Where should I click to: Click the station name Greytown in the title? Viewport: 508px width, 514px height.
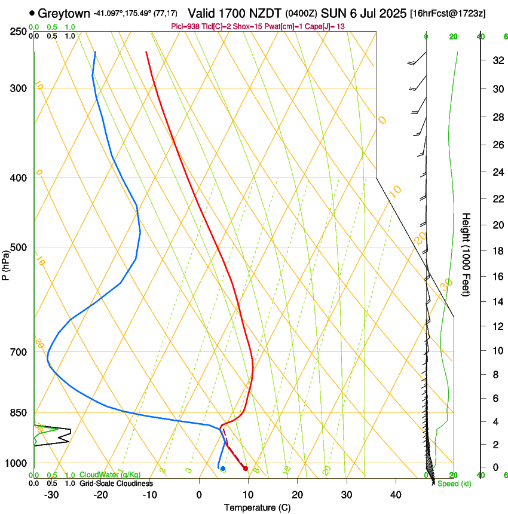pos(67,13)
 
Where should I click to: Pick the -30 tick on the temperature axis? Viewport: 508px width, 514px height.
pos(51,495)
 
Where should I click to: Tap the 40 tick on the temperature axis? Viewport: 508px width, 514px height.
pos(395,495)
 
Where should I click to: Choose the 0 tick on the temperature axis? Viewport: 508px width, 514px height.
pos(199,495)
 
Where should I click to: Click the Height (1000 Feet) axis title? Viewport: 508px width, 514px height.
pos(466,254)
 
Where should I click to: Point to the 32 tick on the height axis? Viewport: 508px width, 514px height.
pos(495,60)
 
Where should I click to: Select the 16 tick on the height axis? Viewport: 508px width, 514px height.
pos(495,277)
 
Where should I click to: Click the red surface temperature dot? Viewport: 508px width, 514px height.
pos(246,468)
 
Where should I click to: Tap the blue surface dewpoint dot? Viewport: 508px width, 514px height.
pos(223,469)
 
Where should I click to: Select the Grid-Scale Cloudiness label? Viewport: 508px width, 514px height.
pos(116,483)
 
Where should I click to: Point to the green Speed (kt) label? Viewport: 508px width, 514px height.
pos(454,484)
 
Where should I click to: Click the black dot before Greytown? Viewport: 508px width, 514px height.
pos(32,13)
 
